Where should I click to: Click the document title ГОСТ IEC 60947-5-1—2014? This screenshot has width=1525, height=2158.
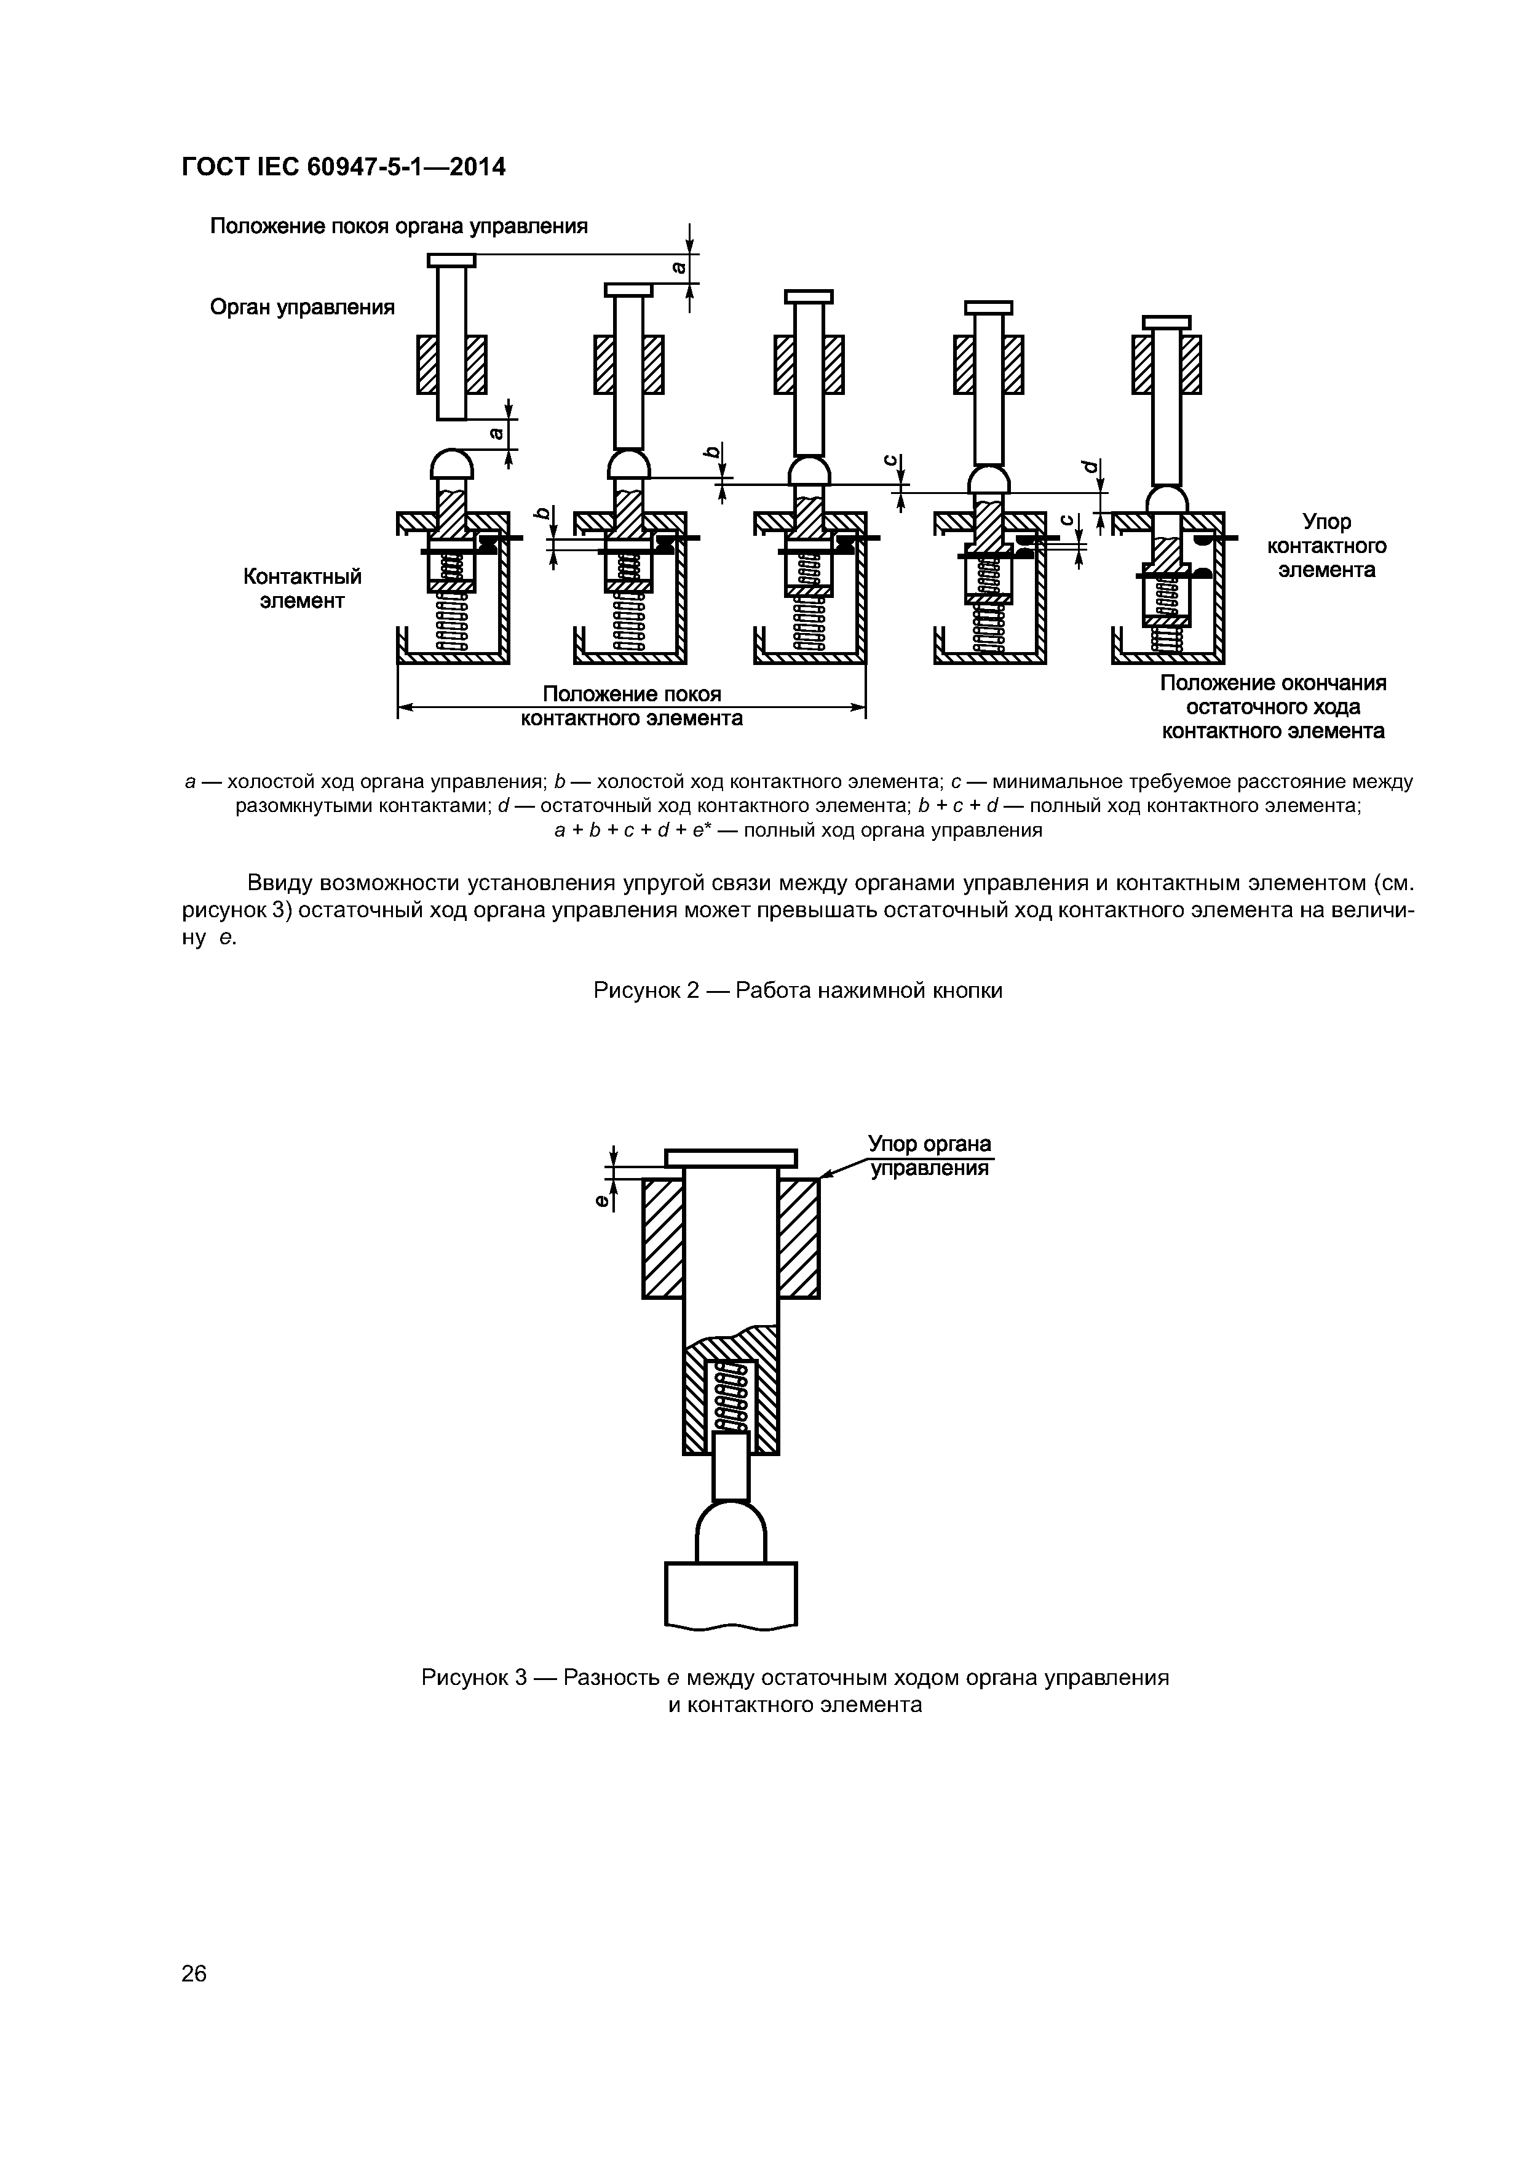343,167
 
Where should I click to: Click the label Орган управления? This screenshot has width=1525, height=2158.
301,308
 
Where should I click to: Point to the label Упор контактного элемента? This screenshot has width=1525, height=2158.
1326,546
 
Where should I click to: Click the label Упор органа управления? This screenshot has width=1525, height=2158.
929,1155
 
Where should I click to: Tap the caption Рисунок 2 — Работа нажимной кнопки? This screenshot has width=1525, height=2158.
797,990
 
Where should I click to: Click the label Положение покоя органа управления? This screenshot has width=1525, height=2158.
398,226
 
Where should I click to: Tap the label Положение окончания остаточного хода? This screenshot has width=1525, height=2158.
1272,707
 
